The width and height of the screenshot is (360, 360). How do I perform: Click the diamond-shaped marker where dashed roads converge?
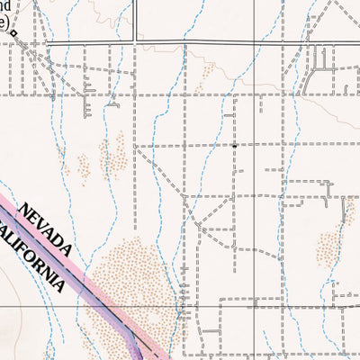[x=14, y=32]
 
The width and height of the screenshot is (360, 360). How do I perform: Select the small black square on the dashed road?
[x=234, y=145]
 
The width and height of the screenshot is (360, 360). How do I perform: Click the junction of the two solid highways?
[x=136, y=41]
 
